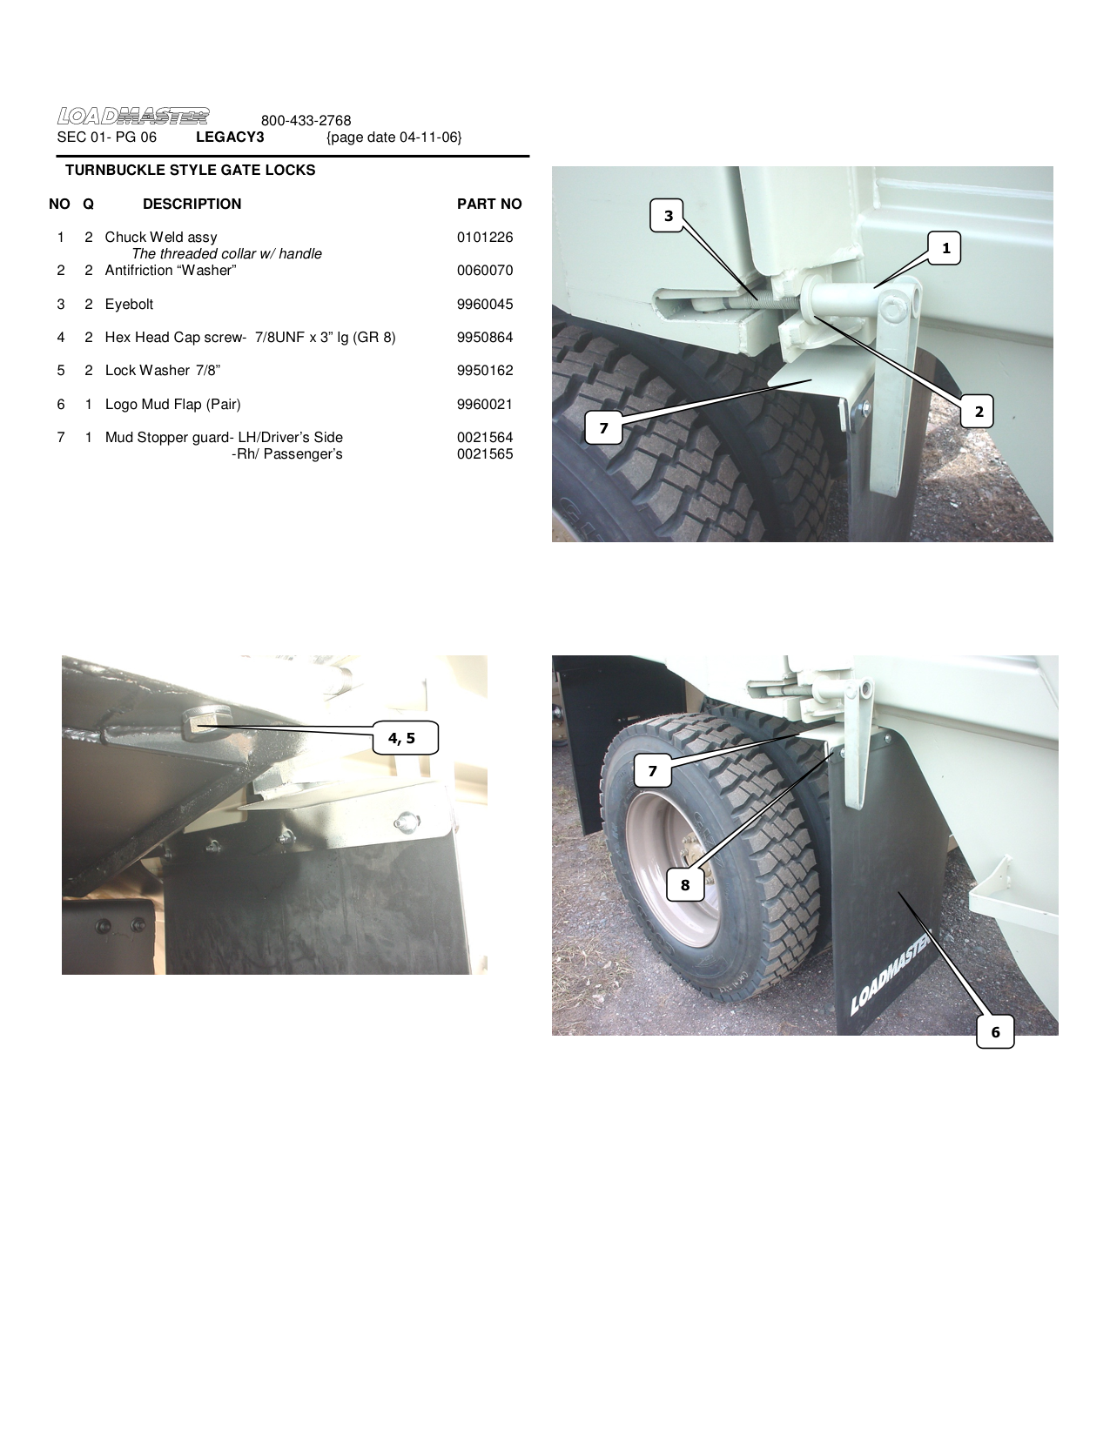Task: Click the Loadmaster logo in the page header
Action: coord(133,116)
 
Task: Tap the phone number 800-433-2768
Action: coord(306,121)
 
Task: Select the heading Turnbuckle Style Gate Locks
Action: coord(190,171)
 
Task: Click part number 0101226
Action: coord(485,237)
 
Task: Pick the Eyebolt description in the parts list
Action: coord(129,304)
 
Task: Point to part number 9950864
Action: coord(485,337)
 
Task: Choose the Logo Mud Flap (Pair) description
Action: coord(172,404)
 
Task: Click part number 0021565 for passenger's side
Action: coord(485,454)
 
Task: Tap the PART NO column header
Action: coord(489,205)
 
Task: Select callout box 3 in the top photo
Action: coord(669,216)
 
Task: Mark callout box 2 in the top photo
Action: coord(979,412)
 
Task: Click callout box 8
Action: coord(685,885)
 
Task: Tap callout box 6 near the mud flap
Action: coord(995,1032)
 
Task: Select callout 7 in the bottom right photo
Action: coord(652,770)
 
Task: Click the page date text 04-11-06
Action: coord(394,138)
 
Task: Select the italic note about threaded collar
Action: coord(226,254)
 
